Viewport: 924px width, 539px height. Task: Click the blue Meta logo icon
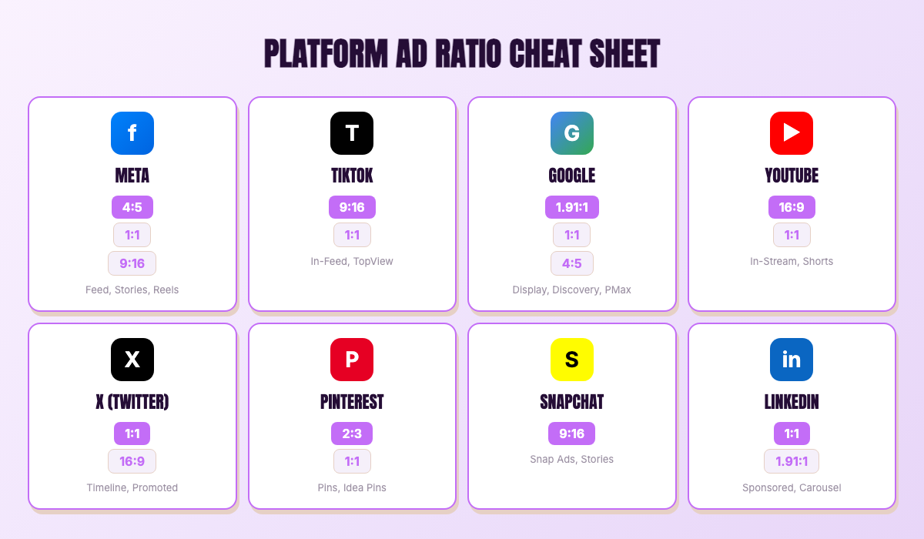(132, 133)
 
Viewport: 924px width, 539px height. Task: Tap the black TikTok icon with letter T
(352, 133)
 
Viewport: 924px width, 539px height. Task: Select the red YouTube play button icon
(792, 133)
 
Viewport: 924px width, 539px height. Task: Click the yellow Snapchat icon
(572, 360)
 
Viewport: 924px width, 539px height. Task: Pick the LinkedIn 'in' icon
(792, 360)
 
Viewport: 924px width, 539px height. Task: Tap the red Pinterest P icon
(352, 360)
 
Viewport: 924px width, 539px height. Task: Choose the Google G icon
(572, 133)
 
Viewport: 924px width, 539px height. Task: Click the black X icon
(132, 360)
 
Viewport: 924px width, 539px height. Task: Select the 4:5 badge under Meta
(132, 207)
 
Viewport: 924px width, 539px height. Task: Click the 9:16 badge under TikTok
(352, 207)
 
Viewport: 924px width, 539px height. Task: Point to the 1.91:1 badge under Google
(572, 207)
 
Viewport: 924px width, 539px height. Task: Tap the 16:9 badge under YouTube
(792, 207)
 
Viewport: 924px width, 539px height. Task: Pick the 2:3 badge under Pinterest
(352, 434)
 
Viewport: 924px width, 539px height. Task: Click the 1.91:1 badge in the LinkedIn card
(792, 461)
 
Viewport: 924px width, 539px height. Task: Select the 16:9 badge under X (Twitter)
(132, 461)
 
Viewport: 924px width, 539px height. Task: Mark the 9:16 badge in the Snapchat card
(572, 434)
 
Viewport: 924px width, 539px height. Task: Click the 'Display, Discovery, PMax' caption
(572, 290)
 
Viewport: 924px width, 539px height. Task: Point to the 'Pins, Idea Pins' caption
(352, 487)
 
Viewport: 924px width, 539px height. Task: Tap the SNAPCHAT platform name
(572, 402)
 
